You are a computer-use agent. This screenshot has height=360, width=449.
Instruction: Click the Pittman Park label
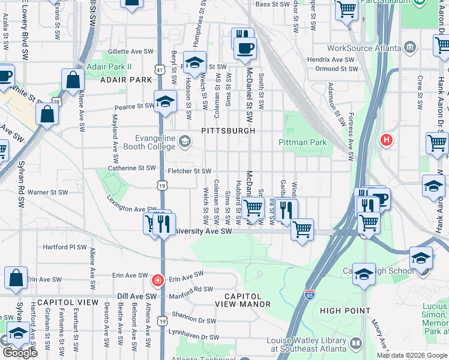[303, 142]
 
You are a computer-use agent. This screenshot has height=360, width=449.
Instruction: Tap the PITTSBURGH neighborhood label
[228, 130]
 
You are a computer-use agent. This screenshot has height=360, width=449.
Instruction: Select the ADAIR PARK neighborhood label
[126, 79]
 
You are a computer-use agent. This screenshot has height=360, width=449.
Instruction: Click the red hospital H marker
[387, 140]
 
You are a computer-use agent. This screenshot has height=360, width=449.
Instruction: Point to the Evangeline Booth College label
[150, 141]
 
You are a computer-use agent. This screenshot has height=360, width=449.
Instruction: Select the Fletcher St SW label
[189, 172]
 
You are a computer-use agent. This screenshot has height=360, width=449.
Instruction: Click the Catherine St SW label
[131, 169]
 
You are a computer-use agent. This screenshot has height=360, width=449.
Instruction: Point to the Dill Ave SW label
[137, 296]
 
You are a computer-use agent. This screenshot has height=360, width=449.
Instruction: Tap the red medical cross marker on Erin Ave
[157, 280]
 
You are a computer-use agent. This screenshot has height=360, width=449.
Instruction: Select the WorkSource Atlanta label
[365, 47]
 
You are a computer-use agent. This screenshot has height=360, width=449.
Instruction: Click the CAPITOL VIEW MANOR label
[243, 301]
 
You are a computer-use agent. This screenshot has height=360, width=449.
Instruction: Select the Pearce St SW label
[135, 106]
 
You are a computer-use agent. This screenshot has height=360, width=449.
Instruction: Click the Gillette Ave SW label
[131, 52]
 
